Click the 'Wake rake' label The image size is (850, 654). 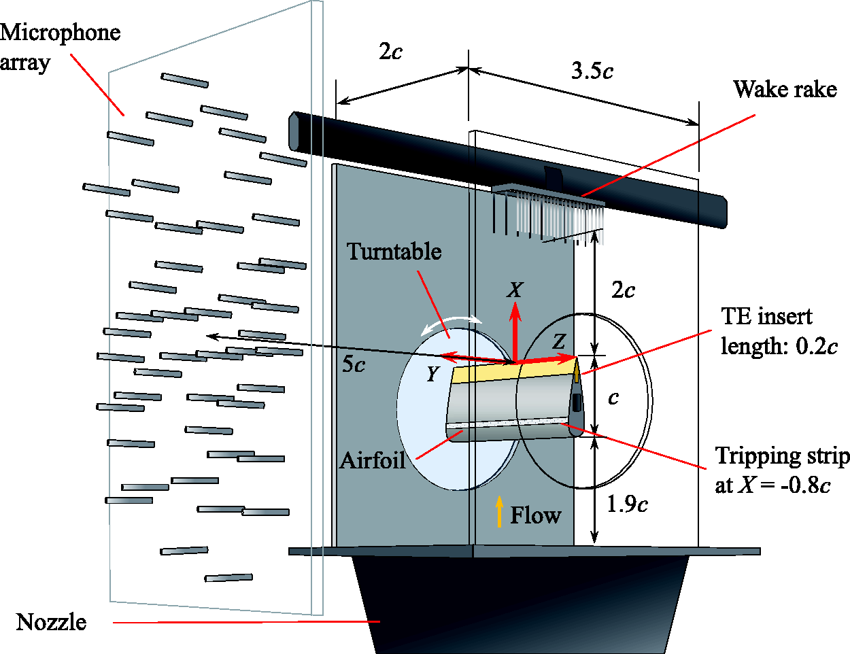(785, 90)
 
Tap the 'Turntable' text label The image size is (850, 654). (394, 252)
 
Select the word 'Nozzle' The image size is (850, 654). (51, 622)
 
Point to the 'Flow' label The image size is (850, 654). (536, 515)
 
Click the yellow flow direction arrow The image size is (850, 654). (499, 512)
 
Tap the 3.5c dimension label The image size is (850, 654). (592, 71)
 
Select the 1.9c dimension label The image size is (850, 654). (628, 504)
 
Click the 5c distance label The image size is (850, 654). (354, 364)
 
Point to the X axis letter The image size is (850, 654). (515, 290)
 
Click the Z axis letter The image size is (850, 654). (559, 341)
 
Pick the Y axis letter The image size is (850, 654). (432, 374)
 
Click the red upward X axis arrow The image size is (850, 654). (515, 333)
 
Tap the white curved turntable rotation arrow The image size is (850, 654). (451, 323)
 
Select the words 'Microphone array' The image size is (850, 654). (60, 48)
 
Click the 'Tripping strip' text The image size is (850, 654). (782, 455)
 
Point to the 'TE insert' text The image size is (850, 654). (766, 316)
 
